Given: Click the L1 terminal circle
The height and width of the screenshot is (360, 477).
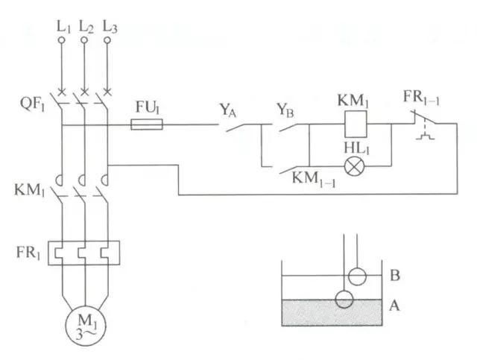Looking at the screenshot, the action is point(61,40).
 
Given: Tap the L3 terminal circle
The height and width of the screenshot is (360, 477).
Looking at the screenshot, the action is point(107,40).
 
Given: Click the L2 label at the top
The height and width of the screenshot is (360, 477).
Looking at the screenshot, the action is point(86,27).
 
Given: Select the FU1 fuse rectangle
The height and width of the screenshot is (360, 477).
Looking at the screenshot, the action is point(147,124).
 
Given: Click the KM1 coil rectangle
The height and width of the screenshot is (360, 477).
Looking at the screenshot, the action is point(356,124).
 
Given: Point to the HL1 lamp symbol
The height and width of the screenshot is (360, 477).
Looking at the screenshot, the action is point(355,166).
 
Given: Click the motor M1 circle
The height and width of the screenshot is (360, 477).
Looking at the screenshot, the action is point(86,326).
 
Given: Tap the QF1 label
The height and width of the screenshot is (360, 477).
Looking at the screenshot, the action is point(32,104).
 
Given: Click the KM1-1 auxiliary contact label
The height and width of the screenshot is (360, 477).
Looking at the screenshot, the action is point(314,180).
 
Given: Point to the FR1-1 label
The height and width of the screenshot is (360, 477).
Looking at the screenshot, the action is point(421,98).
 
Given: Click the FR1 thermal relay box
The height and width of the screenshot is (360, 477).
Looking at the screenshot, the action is point(84,253).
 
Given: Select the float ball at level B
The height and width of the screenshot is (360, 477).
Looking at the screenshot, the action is point(357,277).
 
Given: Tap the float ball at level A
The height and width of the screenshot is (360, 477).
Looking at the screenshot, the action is point(344,299).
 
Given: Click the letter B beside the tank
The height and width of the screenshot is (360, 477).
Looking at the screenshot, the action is point(395,275).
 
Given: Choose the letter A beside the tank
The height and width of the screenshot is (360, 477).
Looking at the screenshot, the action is point(394,306).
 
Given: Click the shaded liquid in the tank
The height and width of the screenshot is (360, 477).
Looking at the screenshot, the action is point(332,313).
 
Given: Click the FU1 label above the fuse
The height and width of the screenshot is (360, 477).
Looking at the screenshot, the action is point(148,107).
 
